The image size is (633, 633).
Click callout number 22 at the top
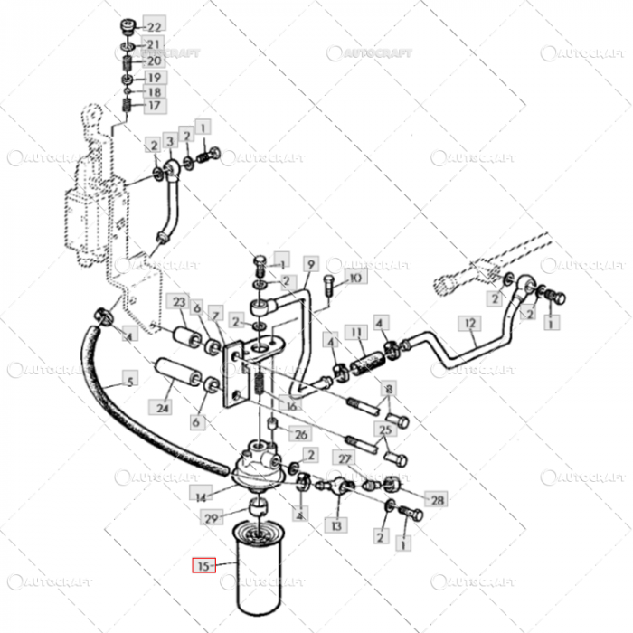156,27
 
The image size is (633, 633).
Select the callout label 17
154,106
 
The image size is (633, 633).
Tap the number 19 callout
154,77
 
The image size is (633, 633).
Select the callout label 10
354,279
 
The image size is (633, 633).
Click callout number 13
336,524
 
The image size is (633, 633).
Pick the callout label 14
201,496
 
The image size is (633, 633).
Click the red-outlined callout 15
203,566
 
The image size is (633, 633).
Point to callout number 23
179,302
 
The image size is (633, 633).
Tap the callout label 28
437,500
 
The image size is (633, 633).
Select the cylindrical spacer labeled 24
178,374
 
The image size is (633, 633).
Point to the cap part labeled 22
128,26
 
